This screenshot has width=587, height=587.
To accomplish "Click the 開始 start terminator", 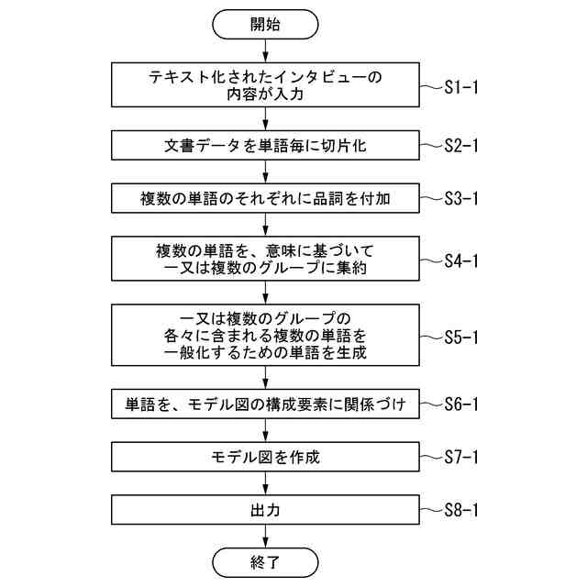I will coord(266,25).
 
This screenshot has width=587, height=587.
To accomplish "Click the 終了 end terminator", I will coord(266,559).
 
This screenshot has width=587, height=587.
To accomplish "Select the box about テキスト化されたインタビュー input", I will coord(266,85).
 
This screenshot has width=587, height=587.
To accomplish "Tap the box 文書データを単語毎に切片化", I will coord(266,144).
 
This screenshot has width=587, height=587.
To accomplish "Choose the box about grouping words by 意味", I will coord(266,259).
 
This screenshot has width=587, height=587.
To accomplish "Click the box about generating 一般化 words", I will coord(266,336).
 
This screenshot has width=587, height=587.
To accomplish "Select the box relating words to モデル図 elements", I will coord(266,404).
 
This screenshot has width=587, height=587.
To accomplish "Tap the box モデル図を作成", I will coord(266,456).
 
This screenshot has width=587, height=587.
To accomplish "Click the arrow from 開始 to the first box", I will coord(266,51).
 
